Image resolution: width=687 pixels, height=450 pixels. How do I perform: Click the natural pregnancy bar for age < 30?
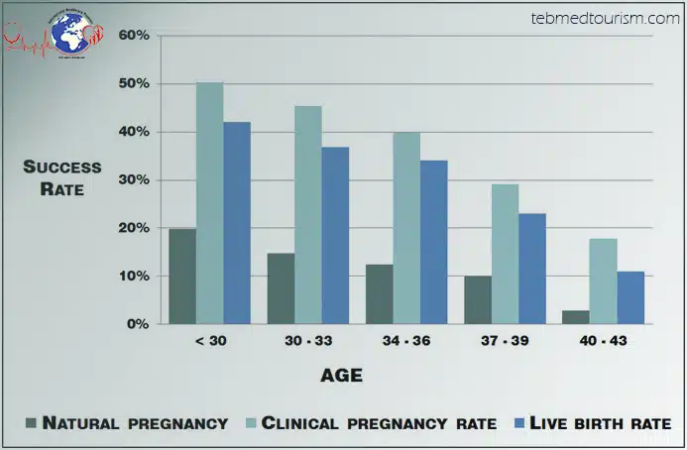coord(182,277)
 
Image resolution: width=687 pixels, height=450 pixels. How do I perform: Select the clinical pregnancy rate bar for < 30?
coord(209,203)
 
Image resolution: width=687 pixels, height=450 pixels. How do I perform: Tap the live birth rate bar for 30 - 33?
coord(335,236)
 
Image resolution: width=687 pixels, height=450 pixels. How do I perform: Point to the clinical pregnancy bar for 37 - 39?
coord(505,254)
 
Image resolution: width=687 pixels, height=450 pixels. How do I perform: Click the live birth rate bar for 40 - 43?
coord(630,297)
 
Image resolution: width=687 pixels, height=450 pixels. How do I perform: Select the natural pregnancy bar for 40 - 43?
coord(576,317)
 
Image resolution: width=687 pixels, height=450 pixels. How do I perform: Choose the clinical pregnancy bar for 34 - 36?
coord(406,228)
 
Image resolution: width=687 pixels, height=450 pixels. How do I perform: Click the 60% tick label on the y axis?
coord(134,36)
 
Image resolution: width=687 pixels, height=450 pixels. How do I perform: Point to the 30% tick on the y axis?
coord(134,179)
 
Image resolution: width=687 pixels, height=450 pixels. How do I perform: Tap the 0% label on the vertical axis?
coord(138,324)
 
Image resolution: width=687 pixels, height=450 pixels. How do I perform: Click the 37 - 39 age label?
coord(506,341)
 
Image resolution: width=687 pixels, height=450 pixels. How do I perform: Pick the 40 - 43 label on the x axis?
coord(604,341)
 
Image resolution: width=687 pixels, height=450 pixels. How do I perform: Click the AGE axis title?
coord(341,376)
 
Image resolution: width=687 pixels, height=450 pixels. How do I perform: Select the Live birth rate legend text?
coord(601,423)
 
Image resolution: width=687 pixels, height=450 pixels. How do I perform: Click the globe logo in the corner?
coord(57,31)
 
